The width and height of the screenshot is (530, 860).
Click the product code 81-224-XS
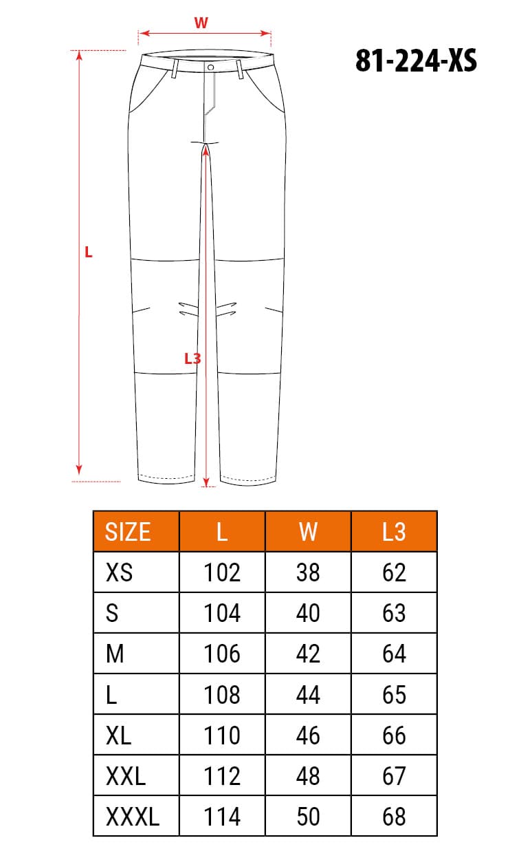pyautogui.click(x=416, y=61)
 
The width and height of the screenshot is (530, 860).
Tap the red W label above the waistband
pyautogui.click(x=201, y=23)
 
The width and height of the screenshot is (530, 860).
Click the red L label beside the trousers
pyautogui.click(x=88, y=252)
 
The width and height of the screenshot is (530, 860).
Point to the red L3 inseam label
pyautogui.click(x=192, y=358)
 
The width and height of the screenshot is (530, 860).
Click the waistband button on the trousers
pyautogui.click(x=210, y=67)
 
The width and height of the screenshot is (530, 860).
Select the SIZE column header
pyautogui.click(x=128, y=532)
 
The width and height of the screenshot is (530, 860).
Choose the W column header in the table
pyautogui.click(x=308, y=532)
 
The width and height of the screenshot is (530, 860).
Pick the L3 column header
pyautogui.click(x=394, y=532)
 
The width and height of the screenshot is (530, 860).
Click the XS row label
pyautogui.click(x=120, y=572)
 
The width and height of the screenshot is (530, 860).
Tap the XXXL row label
pyautogui.click(x=133, y=817)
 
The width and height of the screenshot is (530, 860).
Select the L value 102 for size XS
pyautogui.click(x=222, y=572)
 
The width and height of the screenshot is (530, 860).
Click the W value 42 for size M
pyautogui.click(x=308, y=654)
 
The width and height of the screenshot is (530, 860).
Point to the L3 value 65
pyautogui.click(x=394, y=694)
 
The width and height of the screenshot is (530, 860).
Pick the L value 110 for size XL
pyautogui.click(x=222, y=735)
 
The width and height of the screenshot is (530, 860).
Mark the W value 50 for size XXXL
pyautogui.click(x=308, y=817)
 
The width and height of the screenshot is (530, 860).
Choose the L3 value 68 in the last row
pyautogui.click(x=394, y=817)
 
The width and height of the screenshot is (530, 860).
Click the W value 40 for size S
pyautogui.click(x=308, y=613)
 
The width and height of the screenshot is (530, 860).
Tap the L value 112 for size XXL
pyautogui.click(x=222, y=776)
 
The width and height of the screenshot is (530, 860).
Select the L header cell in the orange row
pyautogui.click(x=222, y=532)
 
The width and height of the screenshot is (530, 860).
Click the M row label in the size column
pyautogui.click(x=115, y=654)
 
